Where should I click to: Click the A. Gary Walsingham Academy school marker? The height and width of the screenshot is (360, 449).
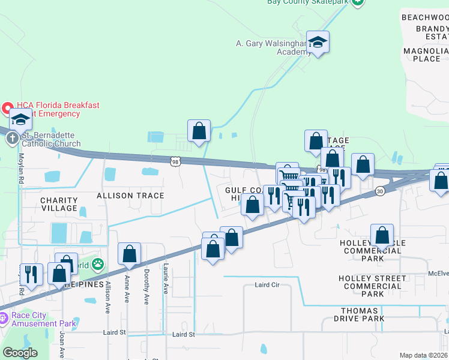click(318, 43)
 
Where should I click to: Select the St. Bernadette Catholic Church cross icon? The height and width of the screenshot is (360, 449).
click(12, 139)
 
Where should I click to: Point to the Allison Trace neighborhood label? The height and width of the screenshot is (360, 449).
click(130, 196)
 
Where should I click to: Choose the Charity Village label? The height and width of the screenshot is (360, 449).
click(59, 204)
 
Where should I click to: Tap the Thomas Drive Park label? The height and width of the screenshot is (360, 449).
click(359, 314)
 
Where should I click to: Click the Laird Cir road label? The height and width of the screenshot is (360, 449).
click(267, 285)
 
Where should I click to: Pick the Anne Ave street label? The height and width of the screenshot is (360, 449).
click(127, 289)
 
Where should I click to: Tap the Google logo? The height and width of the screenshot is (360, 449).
click(20, 353)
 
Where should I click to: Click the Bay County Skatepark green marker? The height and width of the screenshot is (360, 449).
click(357, 2)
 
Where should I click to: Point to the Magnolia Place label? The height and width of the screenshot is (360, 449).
click(426, 55)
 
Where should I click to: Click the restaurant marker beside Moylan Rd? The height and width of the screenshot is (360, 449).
click(31, 274)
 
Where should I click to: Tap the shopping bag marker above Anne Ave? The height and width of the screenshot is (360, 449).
click(129, 254)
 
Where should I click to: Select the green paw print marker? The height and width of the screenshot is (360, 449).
click(98, 264)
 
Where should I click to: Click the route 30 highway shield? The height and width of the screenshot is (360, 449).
click(379, 191)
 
